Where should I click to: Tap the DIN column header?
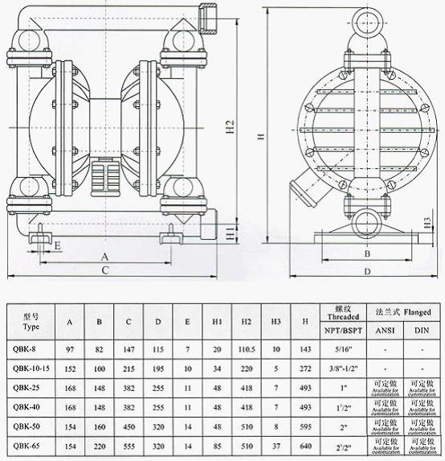[x=422, y=329]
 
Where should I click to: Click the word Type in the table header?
[x=31, y=327]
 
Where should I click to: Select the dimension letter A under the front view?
[x=104, y=255]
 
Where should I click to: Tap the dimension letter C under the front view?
[x=104, y=271]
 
